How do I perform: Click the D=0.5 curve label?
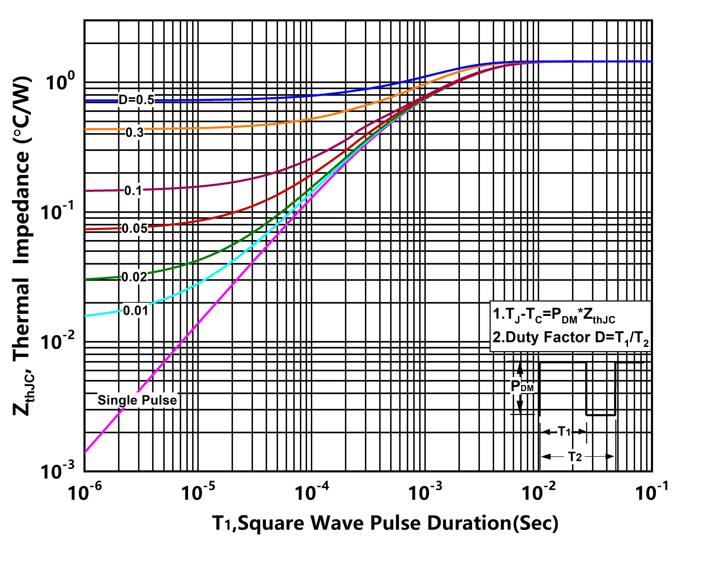tap(136, 100)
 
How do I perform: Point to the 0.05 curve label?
tap(134, 229)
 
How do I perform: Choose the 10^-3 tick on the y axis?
tap(57, 471)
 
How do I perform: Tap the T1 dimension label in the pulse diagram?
tap(564, 431)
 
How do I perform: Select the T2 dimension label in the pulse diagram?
tap(575, 457)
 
